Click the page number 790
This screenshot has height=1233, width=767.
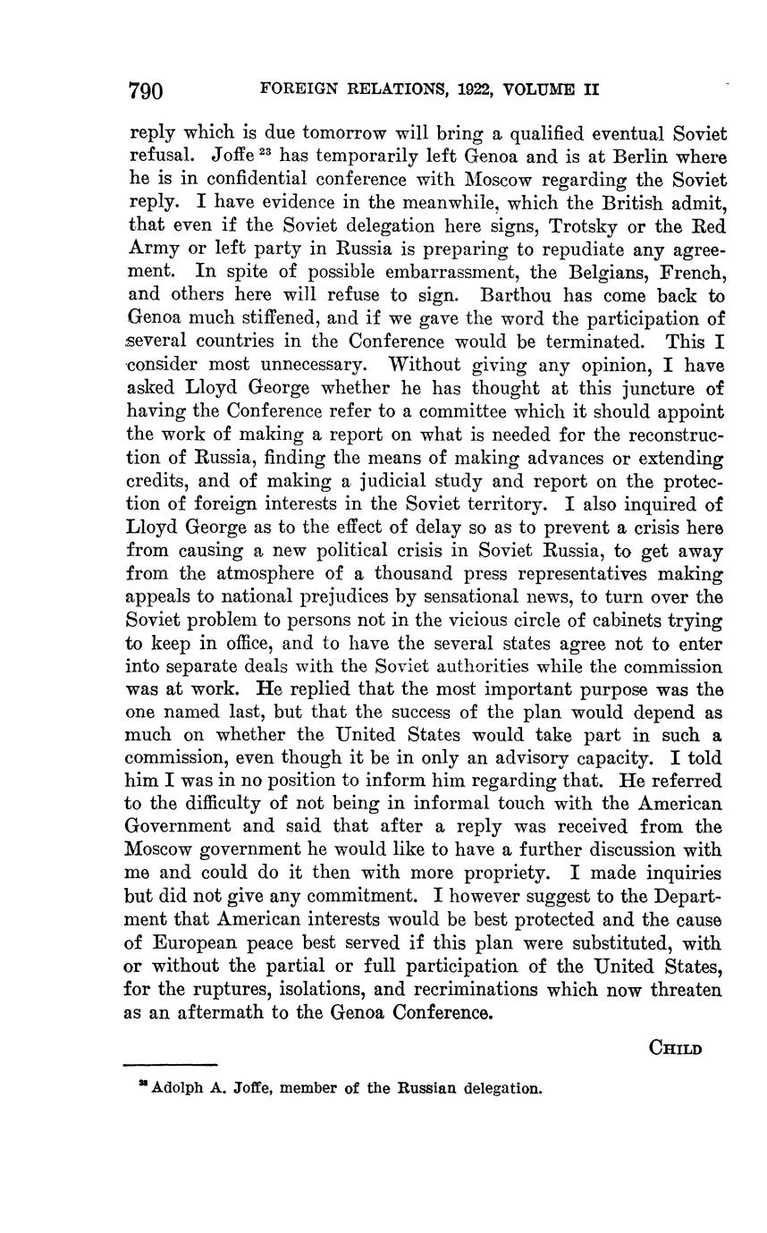tap(146, 90)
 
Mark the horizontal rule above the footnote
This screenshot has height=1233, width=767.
tap(171, 1064)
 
